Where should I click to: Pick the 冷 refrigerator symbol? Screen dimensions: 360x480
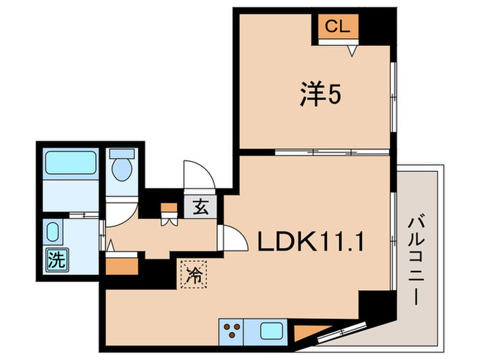click(194, 275)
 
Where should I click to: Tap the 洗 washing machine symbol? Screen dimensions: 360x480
click(54, 259)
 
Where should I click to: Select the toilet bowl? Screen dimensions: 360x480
click(123, 167)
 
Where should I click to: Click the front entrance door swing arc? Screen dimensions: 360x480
click(195, 174)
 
